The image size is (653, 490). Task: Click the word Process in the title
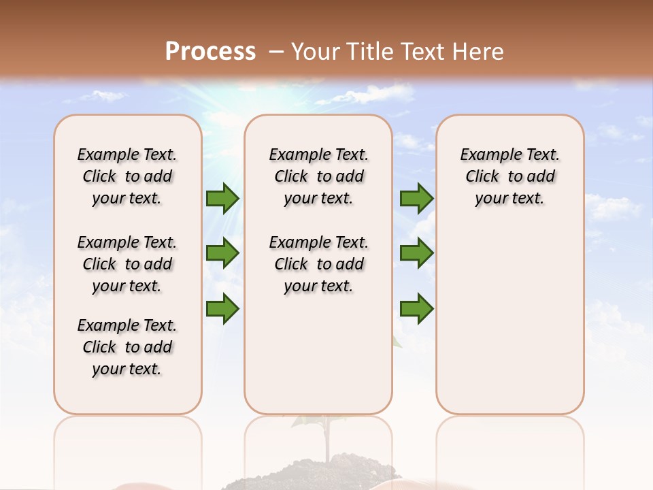tap(210, 52)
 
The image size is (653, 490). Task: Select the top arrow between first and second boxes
tap(222, 198)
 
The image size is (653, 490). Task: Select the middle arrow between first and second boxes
tap(222, 253)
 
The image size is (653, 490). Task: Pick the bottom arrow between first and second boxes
tap(222, 308)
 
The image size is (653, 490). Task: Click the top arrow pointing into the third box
tap(416, 198)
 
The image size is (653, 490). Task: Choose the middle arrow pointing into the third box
tap(416, 253)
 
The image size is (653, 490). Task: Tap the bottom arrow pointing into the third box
tap(416, 308)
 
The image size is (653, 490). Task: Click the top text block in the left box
tap(127, 176)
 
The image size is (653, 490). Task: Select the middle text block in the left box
tap(127, 264)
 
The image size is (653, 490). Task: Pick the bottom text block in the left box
tap(127, 347)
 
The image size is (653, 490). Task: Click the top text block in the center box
tap(318, 176)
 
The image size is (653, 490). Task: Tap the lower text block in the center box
tap(318, 264)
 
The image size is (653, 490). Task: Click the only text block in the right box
tap(509, 176)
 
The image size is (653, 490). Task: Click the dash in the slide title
tap(275, 52)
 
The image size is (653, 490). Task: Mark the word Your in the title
tap(316, 52)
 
